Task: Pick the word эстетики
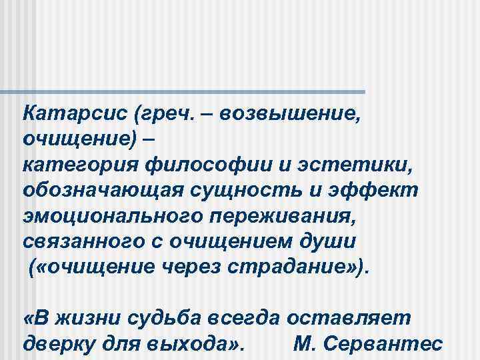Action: pyautogui.click(x=352, y=164)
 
